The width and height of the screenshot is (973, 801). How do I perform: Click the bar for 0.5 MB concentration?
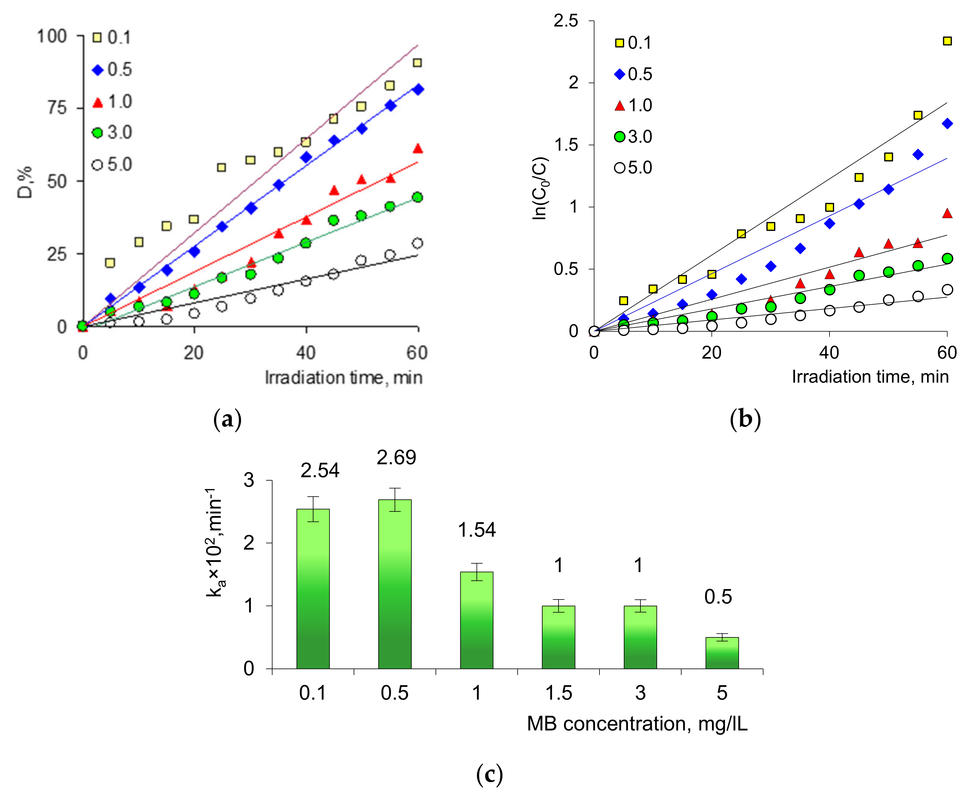(x=395, y=584)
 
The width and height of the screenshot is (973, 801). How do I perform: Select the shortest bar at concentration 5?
(x=722, y=653)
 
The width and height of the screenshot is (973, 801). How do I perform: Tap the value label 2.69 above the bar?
(x=396, y=457)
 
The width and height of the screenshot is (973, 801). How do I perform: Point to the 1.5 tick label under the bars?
(x=559, y=693)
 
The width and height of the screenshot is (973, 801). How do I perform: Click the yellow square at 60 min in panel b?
(x=947, y=41)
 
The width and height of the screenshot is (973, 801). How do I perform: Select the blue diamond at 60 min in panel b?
(x=947, y=124)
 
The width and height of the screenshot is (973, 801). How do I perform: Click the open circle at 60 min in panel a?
(x=417, y=243)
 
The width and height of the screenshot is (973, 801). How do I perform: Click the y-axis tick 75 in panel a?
(x=57, y=108)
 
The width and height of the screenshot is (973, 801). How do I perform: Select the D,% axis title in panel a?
(x=25, y=182)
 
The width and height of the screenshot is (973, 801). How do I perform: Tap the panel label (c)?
(x=489, y=775)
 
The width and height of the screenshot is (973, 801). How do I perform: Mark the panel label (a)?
(x=227, y=419)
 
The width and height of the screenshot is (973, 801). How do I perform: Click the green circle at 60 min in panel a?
(x=417, y=197)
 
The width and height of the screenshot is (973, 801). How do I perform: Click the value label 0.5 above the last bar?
(x=717, y=597)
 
